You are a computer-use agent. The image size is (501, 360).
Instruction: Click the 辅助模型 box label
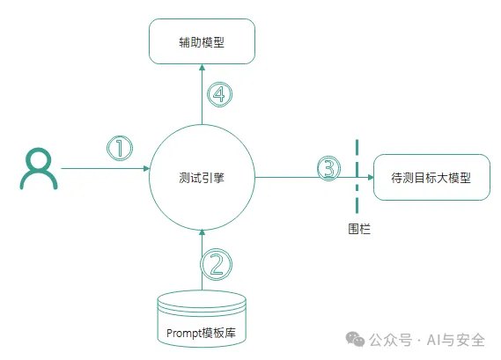pos(202,42)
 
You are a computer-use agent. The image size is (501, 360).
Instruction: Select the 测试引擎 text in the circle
pos(202,178)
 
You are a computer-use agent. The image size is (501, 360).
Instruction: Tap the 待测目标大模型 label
pos(431,178)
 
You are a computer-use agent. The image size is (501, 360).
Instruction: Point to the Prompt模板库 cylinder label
pos(202,333)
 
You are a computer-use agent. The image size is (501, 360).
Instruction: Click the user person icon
pos(39,168)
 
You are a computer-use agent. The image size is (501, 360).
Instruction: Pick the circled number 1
pos(120,148)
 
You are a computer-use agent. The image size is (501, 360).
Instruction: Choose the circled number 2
pos(217,264)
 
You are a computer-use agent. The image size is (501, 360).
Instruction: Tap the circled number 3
pos(328,168)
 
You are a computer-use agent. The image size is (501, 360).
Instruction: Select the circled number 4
pos(219,94)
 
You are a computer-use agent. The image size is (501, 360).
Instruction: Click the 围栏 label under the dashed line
pos(359,229)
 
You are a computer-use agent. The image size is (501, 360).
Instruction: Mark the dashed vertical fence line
pos(357,176)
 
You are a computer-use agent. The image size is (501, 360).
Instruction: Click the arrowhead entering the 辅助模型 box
pos(202,67)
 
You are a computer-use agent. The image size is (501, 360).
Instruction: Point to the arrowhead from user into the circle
pos(147,168)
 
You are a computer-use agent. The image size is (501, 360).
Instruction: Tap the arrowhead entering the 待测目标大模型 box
pos(371,177)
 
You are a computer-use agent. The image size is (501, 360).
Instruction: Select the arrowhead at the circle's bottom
pos(202,232)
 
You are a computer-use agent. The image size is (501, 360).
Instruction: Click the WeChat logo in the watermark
pos(355,339)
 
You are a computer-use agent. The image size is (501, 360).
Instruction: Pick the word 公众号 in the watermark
pos(390,340)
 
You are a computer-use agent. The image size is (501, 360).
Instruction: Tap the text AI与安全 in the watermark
pos(456,340)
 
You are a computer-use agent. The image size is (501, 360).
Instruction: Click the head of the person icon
pos(39,158)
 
